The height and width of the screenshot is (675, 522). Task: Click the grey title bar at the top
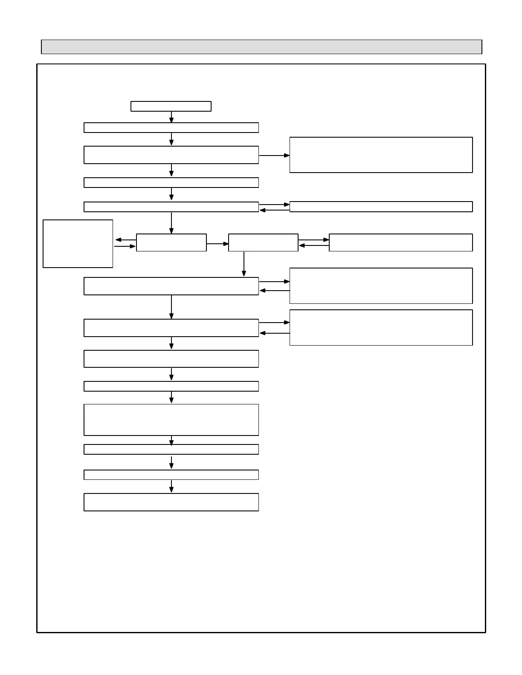[x=261, y=47]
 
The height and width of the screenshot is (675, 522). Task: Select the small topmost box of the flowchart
[x=171, y=106]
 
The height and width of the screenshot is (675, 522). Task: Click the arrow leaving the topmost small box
[x=171, y=117]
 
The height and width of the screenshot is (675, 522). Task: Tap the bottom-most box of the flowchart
[x=171, y=502]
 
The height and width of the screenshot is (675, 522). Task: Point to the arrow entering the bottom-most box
[x=171, y=486]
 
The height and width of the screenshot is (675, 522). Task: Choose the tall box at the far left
[x=78, y=244]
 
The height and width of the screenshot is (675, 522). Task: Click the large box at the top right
[x=381, y=155]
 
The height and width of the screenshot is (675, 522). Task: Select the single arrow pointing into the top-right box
[x=274, y=156]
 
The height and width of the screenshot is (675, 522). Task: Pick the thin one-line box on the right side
[x=381, y=207]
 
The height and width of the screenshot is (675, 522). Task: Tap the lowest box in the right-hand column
[x=381, y=327]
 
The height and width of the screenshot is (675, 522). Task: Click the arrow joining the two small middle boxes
[x=217, y=244]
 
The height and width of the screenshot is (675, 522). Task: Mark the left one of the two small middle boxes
[x=171, y=242]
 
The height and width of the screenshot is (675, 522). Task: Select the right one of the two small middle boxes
[x=263, y=242]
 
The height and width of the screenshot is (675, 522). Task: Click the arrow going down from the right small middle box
[x=244, y=264]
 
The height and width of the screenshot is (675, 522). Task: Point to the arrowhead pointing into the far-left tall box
[x=118, y=240]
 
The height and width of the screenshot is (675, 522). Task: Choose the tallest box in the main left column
[x=171, y=420]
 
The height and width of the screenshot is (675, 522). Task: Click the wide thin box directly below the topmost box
[x=171, y=127]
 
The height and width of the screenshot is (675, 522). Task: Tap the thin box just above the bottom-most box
[x=171, y=475]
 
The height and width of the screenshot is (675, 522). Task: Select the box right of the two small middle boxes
[x=400, y=242]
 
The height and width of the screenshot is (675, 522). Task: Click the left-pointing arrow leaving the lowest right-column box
[x=274, y=333]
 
